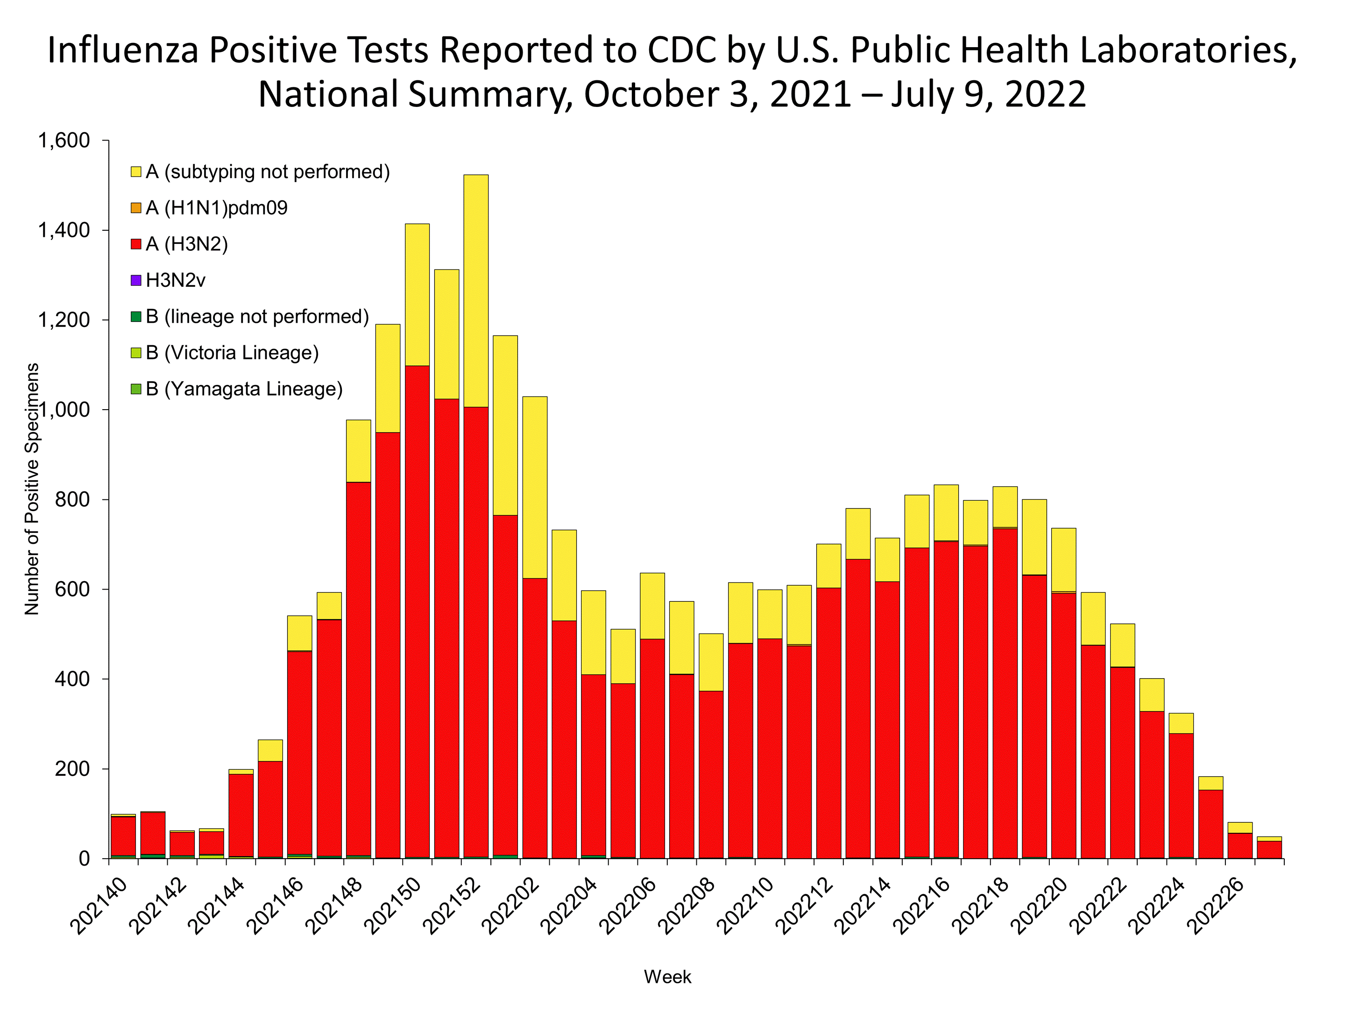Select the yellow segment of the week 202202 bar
coord(534,487)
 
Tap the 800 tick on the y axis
coord(72,500)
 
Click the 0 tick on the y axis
coord(84,859)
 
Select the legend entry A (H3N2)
coord(186,244)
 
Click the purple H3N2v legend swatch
coord(136,280)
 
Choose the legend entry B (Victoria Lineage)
coord(232,353)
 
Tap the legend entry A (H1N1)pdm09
coord(216,208)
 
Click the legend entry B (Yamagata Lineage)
coord(243,389)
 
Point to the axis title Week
coord(667,977)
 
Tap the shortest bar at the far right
coord(1269,848)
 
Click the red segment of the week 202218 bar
coord(1005,693)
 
